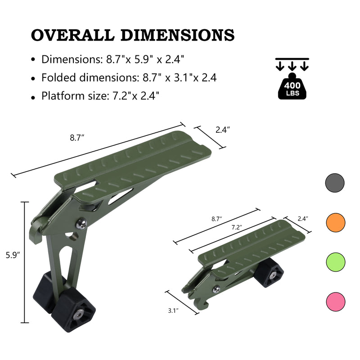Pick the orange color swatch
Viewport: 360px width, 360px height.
click(335, 222)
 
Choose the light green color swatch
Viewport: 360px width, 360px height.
click(335, 261)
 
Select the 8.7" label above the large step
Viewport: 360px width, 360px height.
click(77, 138)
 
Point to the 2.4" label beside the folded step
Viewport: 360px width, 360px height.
click(303, 219)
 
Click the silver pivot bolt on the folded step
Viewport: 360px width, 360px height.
click(216, 288)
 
